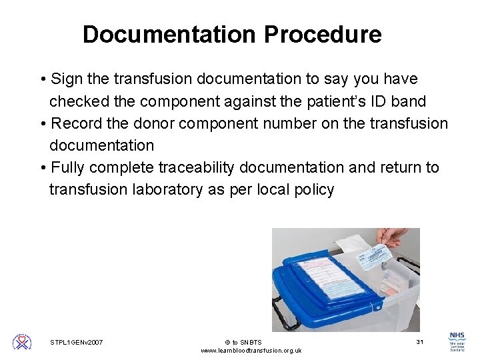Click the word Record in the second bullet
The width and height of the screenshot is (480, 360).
(x=77, y=123)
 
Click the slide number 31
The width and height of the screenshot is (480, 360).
(x=420, y=342)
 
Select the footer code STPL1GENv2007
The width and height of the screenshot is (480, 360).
(x=77, y=343)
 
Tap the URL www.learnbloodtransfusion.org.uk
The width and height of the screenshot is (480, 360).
(x=251, y=351)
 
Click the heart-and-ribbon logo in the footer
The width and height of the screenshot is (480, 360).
(x=22, y=342)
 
